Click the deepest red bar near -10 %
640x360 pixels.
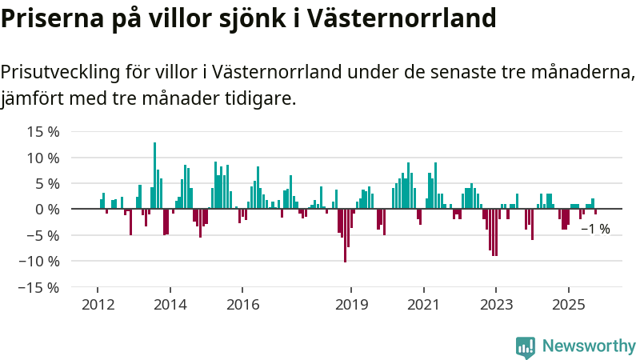click(345, 235)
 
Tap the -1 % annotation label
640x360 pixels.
click(594, 229)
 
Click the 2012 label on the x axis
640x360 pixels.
click(97, 305)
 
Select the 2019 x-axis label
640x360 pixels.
click(350, 305)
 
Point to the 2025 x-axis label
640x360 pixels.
click(568, 305)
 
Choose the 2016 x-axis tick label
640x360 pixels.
click(242, 305)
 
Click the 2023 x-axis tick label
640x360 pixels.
click(496, 305)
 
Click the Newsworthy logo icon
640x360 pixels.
click(526, 346)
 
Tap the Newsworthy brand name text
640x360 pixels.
click(589, 346)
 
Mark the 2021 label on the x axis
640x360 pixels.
click(423, 305)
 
